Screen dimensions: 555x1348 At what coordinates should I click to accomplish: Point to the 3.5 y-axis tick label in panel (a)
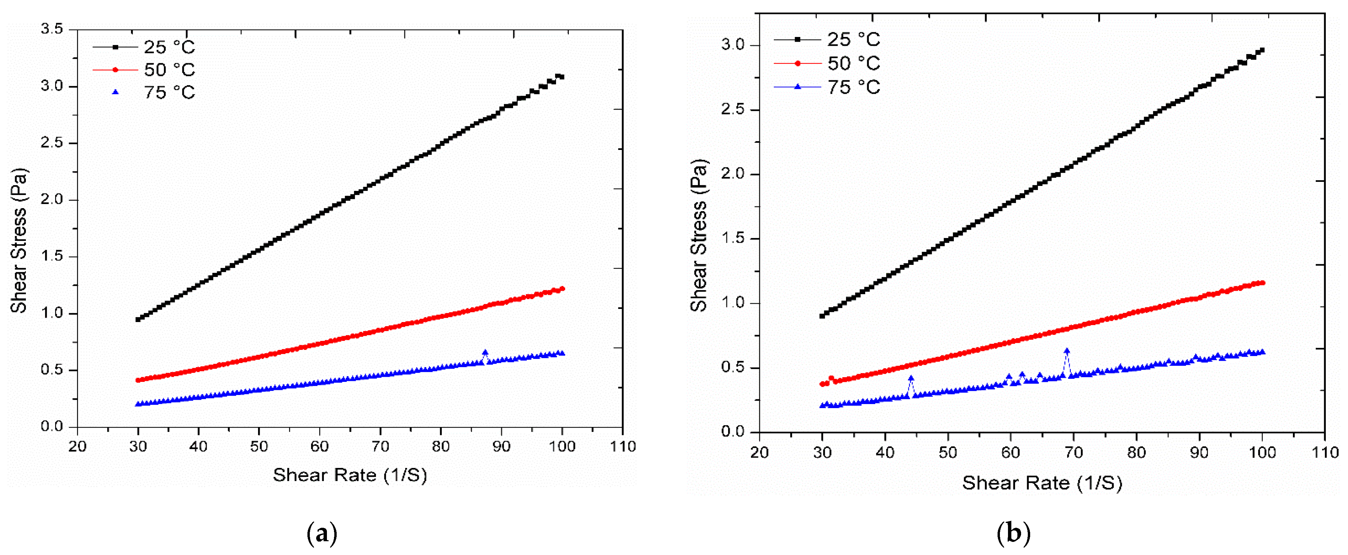pyautogui.click(x=51, y=29)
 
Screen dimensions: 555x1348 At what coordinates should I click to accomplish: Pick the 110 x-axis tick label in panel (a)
pyautogui.click(x=623, y=447)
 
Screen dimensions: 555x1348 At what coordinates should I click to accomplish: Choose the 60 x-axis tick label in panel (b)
pyautogui.click(x=1010, y=452)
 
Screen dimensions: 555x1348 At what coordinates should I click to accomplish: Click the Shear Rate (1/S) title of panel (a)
pyautogui.click(x=349, y=475)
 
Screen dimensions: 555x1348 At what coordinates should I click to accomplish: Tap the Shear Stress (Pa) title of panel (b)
pyautogui.click(x=699, y=236)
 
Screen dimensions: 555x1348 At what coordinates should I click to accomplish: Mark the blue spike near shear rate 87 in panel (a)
pyautogui.click(x=485, y=353)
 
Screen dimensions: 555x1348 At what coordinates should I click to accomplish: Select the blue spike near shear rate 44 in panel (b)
pyautogui.click(x=911, y=378)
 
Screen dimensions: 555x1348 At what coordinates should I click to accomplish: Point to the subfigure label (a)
pyautogui.click(x=321, y=533)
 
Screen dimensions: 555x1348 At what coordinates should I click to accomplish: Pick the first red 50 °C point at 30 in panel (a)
pyautogui.click(x=138, y=380)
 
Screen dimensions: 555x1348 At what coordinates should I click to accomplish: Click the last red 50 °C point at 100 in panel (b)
pyautogui.click(x=1262, y=283)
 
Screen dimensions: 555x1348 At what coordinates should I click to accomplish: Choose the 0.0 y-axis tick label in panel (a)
pyautogui.click(x=51, y=427)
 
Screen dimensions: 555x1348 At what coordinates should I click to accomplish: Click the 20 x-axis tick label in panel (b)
pyautogui.click(x=759, y=452)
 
